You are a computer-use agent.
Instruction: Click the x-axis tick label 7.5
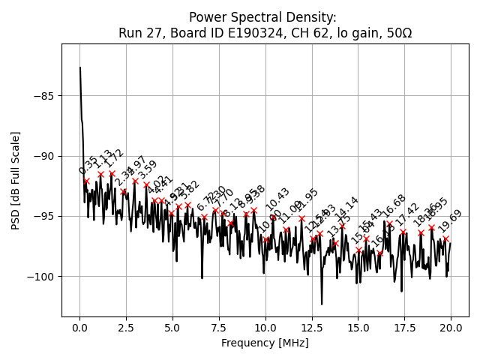pos(219,328)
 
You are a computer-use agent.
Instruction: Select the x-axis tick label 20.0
pos(451,328)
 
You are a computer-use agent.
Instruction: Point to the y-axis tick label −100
pos(41,277)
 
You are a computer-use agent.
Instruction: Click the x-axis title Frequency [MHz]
pos(265,343)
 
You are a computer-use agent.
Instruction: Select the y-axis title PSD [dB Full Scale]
pos(16,180)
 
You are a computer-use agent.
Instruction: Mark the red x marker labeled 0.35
pos(86,181)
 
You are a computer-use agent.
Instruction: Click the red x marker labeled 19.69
pos(445,238)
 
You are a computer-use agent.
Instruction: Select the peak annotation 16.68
pos(394,205)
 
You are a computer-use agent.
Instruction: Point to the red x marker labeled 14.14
pos(342,226)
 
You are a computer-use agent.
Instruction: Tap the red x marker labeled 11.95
pos(301,219)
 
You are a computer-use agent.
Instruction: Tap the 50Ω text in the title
pos(397,33)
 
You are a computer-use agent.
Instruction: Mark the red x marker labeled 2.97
pos(135,181)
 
